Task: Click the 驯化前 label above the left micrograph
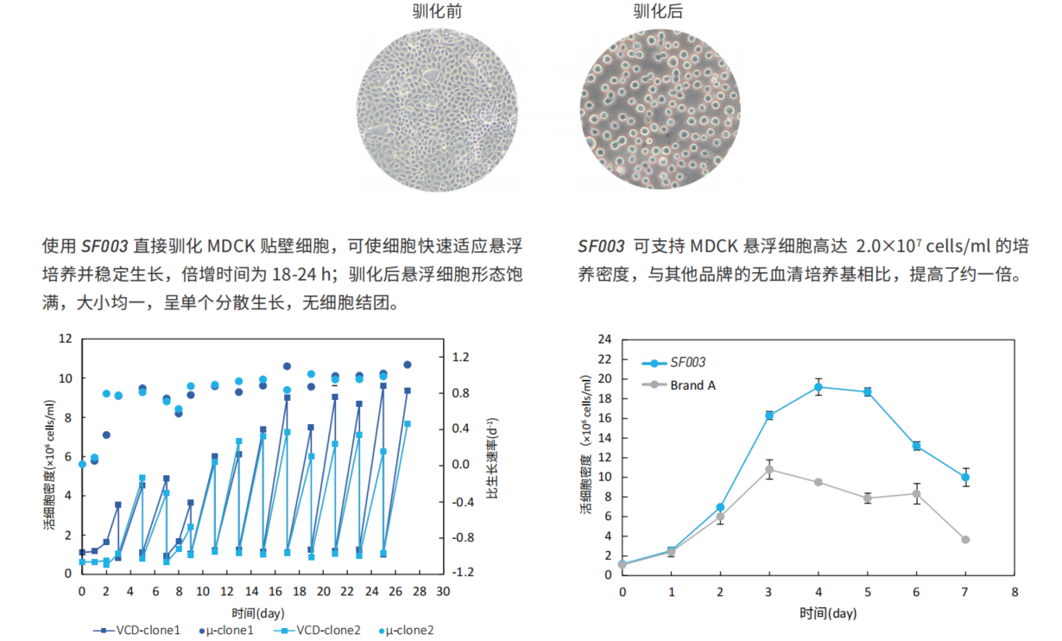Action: click(437, 12)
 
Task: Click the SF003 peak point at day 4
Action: click(819, 387)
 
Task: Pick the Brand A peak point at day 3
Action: click(769, 469)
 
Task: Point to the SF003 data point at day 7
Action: click(965, 477)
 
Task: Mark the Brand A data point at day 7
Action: click(965, 539)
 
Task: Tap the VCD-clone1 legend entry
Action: click(138, 631)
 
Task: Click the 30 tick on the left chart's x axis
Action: click(443, 592)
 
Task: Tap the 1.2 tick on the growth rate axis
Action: click(462, 358)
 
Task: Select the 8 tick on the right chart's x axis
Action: click(1015, 593)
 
